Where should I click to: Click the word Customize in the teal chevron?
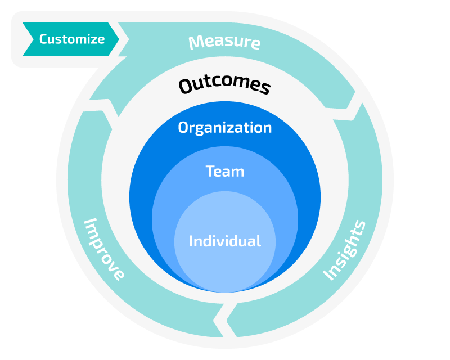[71, 39]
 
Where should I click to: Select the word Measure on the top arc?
[224, 42]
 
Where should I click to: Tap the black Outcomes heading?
[224, 85]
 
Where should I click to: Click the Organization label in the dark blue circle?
[224, 128]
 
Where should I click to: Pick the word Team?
[224, 171]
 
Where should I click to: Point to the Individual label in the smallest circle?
[224, 241]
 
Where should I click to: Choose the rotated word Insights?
[344, 250]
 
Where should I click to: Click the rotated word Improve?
[104, 249]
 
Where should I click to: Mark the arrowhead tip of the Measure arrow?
[350, 106]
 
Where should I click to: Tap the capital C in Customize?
[43, 39]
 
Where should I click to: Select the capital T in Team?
[210, 171]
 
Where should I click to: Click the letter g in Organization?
[204, 129]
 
